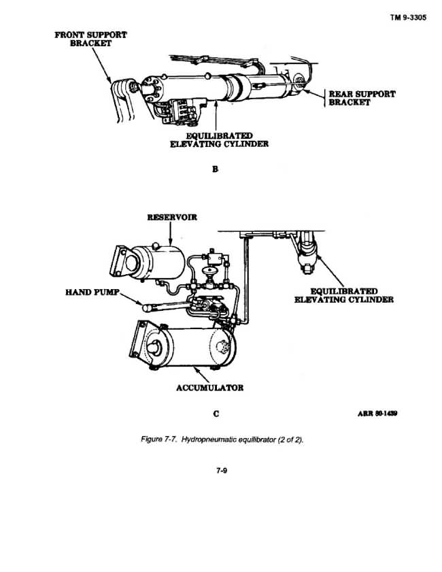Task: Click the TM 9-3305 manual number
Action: (x=408, y=18)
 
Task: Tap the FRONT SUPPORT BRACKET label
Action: (x=91, y=39)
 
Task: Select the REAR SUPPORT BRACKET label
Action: (x=362, y=98)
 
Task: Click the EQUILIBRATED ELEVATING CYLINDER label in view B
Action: (x=219, y=140)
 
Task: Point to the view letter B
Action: (x=215, y=169)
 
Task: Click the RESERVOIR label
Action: (x=172, y=218)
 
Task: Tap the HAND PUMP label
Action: (x=92, y=292)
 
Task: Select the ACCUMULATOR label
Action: (x=209, y=388)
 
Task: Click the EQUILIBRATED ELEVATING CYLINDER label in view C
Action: (x=344, y=295)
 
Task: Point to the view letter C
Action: (x=216, y=414)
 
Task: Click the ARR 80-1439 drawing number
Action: (x=377, y=414)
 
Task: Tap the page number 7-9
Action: (x=222, y=471)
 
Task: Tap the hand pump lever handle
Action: (x=164, y=307)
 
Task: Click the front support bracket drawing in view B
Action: (x=123, y=99)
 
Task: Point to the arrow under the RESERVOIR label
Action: (x=170, y=233)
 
